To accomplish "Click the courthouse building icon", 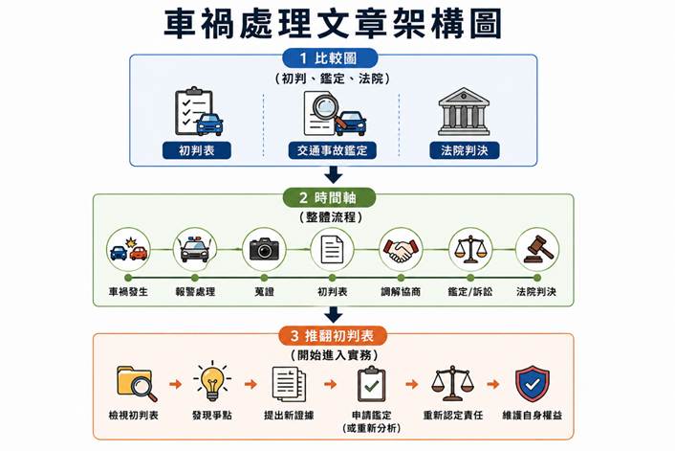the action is (464, 111).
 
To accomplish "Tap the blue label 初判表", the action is (197, 150).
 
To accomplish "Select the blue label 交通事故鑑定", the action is (333, 150).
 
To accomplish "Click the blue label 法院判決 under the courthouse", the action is (464, 150).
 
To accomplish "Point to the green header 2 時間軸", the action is (329, 198).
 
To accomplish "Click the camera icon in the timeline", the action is (264, 249).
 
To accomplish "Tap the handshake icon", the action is (401, 250).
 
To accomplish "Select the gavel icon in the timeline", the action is (538, 249).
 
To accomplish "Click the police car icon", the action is (195, 249).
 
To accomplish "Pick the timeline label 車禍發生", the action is (128, 292).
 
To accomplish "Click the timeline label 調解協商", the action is (401, 292).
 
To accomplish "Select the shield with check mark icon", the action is (533, 383).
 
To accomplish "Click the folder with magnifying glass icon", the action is (136, 383).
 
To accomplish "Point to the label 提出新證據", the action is (289, 416).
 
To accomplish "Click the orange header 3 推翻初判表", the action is (333, 336).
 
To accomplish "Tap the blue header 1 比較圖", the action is (330, 58).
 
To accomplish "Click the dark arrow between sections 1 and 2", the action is (333, 174).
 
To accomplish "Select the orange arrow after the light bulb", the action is (250, 384).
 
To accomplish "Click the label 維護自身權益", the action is (533, 416).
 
